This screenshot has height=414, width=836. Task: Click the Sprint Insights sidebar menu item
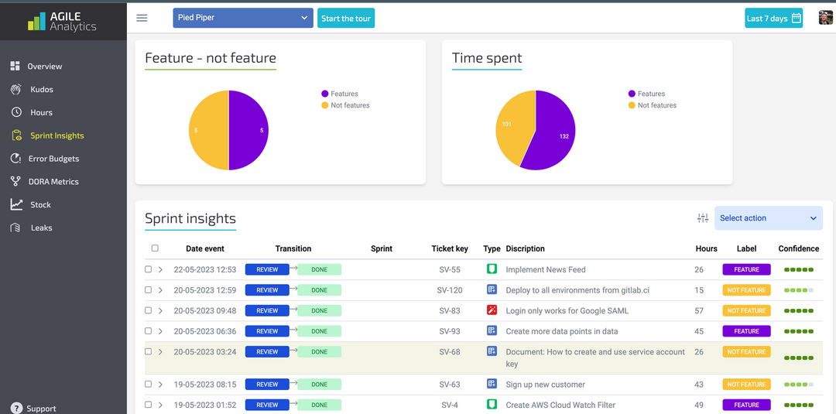click(57, 135)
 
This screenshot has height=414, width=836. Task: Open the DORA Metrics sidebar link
click(53, 182)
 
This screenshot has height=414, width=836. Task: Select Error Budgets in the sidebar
click(54, 159)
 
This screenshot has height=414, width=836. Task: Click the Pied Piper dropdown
click(242, 19)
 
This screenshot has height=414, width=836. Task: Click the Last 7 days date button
click(773, 19)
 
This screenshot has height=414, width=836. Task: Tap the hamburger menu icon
click(142, 19)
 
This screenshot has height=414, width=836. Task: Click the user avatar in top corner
click(825, 18)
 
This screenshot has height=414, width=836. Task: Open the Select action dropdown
click(767, 218)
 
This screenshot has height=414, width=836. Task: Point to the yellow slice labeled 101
click(511, 124)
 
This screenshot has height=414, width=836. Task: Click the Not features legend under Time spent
click(656, 105)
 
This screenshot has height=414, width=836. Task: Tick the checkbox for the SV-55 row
click(149, 270)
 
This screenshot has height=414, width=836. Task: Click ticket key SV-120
click(450, 290)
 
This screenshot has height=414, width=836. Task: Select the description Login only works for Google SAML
click(567, 311)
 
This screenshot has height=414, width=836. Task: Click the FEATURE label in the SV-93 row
click(746, 331)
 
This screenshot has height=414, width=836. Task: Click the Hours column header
click(706, 248)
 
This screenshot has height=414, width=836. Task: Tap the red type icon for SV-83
click(491, 310)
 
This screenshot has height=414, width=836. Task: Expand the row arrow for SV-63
click(160, 385)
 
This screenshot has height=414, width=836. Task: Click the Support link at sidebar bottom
click(41, 408)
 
